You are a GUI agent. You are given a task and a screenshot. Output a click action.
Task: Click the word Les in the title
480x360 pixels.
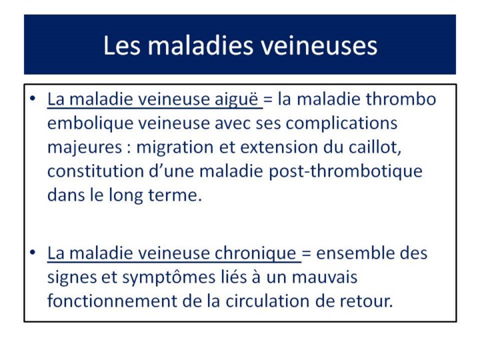click(x=122, y=45)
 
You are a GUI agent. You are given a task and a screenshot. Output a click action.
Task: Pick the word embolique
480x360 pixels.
click(x=90, y=123)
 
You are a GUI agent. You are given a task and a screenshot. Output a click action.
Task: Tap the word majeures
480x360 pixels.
click(x=85, y=147)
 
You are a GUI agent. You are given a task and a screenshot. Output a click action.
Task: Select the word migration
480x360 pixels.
click(x=175, y=148)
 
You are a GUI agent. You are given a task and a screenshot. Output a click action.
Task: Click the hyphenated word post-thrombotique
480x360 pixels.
click(x=345, y=171)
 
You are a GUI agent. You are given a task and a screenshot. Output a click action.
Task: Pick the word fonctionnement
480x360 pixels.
click(x=112, y=301)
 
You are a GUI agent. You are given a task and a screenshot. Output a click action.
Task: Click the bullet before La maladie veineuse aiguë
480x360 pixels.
click(x=33, y=99)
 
